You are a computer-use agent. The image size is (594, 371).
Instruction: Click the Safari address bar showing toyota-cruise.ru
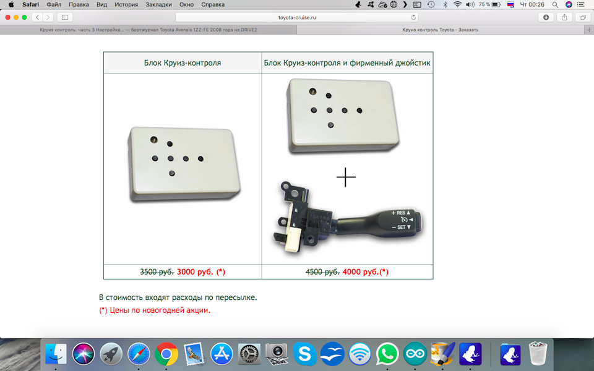click(296, 17)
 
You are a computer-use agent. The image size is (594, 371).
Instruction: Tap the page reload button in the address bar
click(413, 17)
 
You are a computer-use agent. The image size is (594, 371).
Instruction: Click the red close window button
click(7, 17)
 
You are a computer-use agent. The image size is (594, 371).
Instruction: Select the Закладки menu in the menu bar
click(158, 4)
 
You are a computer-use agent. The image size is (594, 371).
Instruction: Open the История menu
click(126, 4)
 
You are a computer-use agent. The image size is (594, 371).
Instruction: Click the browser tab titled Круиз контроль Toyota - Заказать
click(440, 30)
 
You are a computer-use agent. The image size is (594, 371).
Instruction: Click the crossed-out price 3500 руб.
click(157, 272)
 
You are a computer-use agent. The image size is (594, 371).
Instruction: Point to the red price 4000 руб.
click(360, 272)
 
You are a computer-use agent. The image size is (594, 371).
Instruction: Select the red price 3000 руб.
click(195, 272)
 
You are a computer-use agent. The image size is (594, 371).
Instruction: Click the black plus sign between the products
click(346, 177)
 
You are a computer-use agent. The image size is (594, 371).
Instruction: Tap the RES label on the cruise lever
click(401, 213)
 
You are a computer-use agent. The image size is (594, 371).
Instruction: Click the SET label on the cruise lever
click(401, 227)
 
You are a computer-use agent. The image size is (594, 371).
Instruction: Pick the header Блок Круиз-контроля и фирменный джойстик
click(347, 63)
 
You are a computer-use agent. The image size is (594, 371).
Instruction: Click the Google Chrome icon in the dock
click(166, 354)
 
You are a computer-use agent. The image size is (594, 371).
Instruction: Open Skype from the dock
click(304, 354)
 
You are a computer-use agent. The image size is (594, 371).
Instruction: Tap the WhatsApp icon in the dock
click(387, 354)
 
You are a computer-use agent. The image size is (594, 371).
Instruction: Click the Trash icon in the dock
click(538, 354)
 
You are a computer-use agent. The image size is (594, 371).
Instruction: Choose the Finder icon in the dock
click(56, 354)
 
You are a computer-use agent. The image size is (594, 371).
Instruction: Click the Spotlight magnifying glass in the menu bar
click(555, 4)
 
